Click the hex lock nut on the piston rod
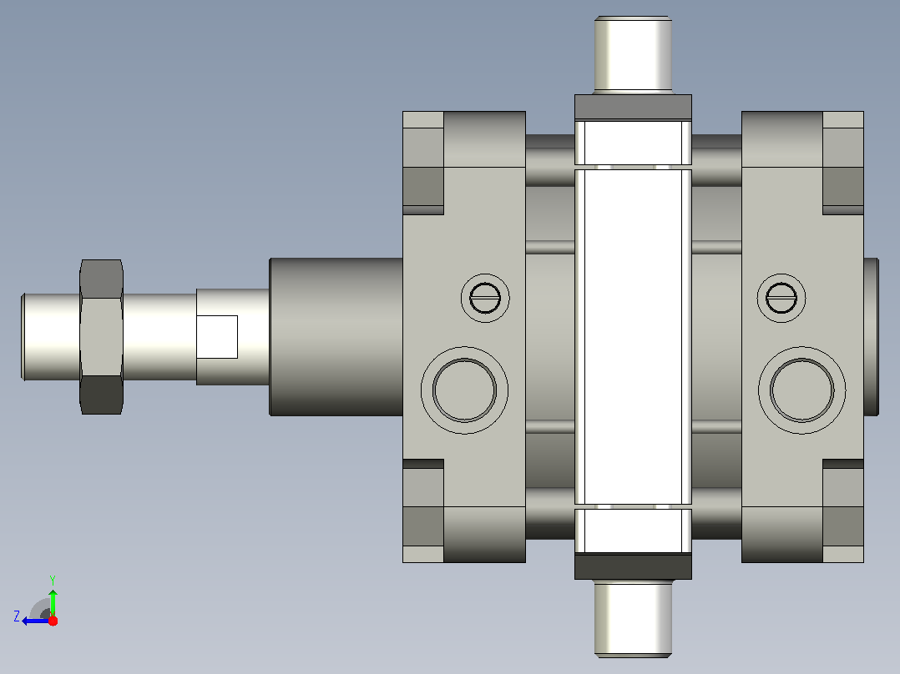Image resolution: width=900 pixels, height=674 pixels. [x=102, y=337]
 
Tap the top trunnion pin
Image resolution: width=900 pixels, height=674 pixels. [x=633, y=54]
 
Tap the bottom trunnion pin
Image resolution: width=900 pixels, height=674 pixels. [x=633, y=618]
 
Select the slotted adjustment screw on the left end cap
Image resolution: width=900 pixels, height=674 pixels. [x=485, y=298]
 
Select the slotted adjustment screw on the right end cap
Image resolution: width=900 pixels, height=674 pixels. [x=781, y=298]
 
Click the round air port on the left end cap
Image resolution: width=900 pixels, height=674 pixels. [x=464, y=390]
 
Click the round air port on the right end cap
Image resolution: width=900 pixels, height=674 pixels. [x=801, y=390]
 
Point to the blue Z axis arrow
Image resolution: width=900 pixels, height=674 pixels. [x=37, y=621]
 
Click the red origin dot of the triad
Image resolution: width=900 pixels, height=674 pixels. [x=53, y=621]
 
